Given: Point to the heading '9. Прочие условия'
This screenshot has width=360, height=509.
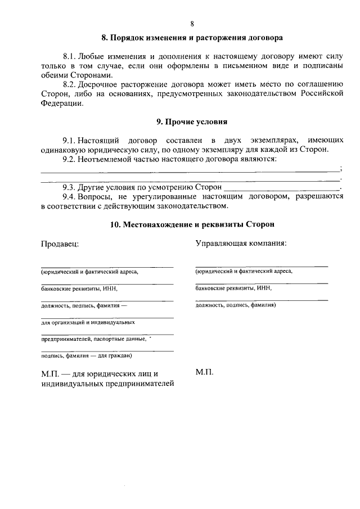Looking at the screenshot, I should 192,121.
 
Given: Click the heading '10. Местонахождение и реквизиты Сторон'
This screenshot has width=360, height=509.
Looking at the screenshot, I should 192,224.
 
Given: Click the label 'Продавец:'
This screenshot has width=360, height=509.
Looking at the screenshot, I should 60,244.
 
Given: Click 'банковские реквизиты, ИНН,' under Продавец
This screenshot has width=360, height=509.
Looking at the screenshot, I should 79,289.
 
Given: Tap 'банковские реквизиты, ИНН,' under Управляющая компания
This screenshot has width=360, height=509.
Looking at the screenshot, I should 233,288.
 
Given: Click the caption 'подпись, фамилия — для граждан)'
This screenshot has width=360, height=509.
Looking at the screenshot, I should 87,355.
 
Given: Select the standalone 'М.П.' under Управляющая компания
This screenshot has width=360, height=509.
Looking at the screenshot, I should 204,372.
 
